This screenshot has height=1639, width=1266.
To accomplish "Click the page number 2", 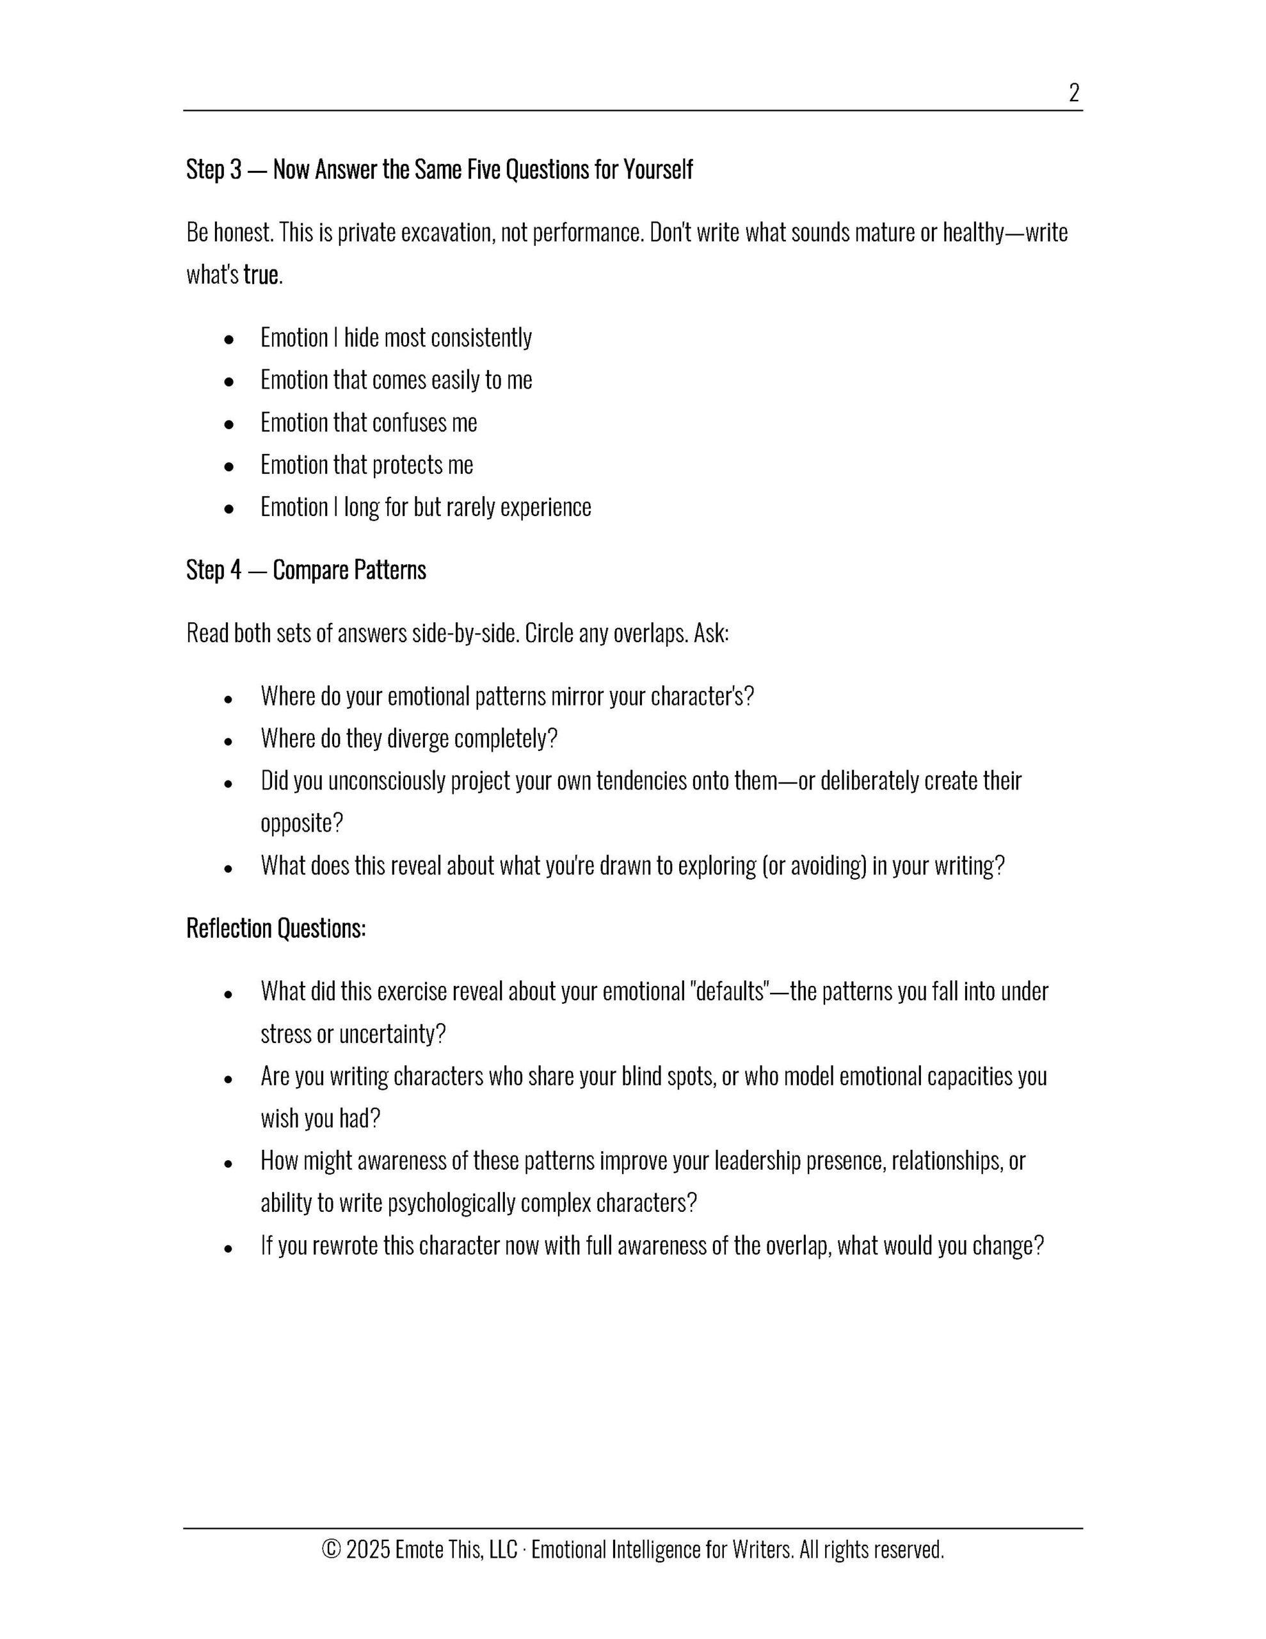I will (1073, 93).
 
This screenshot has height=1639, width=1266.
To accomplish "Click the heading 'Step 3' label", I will (214, 170).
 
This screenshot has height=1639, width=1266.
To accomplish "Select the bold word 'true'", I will (260, 275).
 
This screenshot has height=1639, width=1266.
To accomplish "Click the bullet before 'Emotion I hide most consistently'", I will (229, 339).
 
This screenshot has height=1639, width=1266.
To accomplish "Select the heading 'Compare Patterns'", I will (349, 570).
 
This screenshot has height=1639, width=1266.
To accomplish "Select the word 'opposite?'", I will (301, 823).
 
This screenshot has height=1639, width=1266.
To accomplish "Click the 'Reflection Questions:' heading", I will (275, 929).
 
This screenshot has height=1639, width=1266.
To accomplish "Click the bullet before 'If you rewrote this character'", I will (229, 1247).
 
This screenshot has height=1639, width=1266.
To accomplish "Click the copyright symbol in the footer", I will (331, 1550).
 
